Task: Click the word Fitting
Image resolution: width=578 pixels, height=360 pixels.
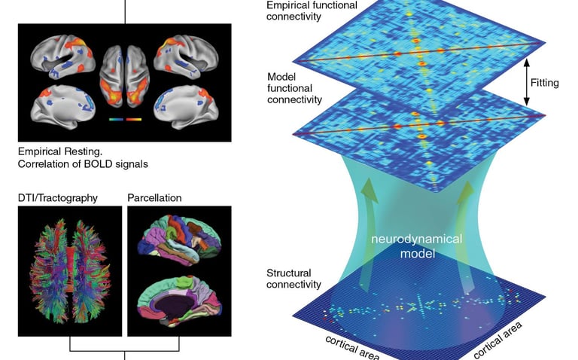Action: [x=543, y=83]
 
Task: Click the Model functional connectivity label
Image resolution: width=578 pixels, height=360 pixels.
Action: [x=294, y=89]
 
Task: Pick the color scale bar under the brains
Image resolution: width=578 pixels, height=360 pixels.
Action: [x=125, y=118]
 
